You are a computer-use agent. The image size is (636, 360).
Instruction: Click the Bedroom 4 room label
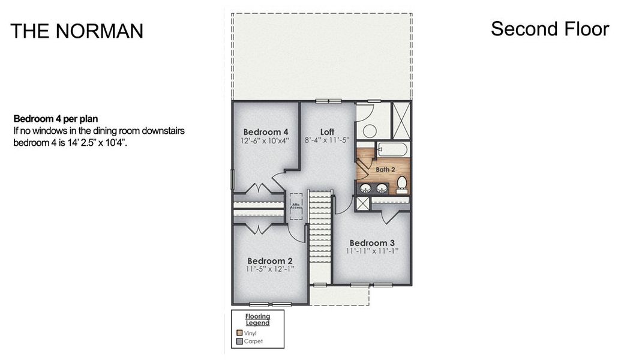[266, 132]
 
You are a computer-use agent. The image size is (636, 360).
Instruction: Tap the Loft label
[327, 132]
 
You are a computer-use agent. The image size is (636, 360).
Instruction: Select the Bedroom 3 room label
[372, 242]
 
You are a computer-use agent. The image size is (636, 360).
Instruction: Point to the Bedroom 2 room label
[270, 261]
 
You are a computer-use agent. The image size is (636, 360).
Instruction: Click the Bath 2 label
[386, 169]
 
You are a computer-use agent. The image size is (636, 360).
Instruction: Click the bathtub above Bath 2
[392, 149]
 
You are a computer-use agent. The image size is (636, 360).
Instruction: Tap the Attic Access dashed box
[296, 205]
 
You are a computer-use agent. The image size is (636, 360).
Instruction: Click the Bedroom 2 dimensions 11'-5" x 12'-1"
[270, 270]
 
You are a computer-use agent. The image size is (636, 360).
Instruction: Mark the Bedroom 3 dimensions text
[372, 251]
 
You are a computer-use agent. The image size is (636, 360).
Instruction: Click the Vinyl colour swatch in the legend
[239, 332]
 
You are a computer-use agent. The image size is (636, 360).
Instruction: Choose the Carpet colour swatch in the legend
[239, 341]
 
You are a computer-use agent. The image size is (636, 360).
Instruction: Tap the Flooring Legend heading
[257, 319]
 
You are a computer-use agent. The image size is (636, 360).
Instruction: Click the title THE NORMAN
[77, 31]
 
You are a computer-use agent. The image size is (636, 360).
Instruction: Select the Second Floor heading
[550, 29]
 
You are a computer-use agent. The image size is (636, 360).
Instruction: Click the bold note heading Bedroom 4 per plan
[55, 118]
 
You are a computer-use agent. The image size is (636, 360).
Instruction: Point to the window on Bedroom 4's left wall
[232, 179]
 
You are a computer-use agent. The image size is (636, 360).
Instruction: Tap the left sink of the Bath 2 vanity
[365, 188]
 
